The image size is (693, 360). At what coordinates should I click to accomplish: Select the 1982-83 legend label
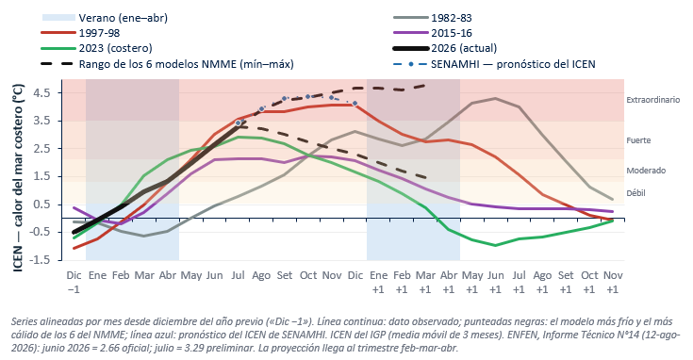[x=452, y=18]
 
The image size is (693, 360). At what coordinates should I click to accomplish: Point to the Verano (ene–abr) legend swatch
[x=58, y=18]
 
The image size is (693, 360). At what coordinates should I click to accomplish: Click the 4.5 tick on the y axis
[x=42, y=92]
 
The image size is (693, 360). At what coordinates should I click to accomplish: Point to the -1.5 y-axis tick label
[x=40, y=260]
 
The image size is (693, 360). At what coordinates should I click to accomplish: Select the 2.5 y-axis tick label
[x=42, y=148]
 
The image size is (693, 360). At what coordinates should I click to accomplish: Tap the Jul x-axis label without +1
[x=238, y=275]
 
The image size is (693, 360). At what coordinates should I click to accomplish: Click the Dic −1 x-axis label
[x=74, y=282]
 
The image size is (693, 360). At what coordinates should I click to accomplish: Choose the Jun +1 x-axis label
[x=495, y=282]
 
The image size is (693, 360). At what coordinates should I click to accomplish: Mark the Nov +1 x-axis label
[x=613, y=282]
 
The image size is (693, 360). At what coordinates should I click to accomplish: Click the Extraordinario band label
[x=652, y=100]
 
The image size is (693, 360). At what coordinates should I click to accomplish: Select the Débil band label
[x=635, y=193]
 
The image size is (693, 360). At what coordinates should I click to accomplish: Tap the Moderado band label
[x=646, y=171]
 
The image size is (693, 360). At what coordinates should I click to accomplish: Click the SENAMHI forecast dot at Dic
[x=355, y=104]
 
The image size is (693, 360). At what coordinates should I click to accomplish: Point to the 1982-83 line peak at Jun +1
[x=495, y=99]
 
